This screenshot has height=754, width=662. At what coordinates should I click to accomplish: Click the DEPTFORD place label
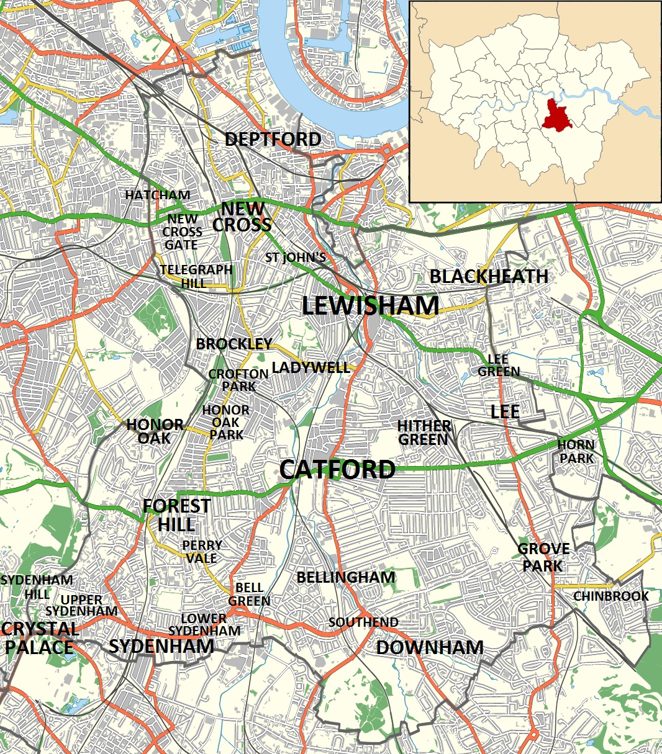[273, 140]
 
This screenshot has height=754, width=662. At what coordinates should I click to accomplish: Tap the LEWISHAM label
[370, 306]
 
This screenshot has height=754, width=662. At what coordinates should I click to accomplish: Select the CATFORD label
[337, 469]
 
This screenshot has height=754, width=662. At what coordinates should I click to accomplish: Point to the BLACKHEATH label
[489, 276]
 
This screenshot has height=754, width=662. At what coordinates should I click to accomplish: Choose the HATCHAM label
[157, 195]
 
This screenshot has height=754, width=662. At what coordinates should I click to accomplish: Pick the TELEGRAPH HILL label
[196, 276]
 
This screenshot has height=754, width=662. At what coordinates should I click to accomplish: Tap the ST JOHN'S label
[296, 257]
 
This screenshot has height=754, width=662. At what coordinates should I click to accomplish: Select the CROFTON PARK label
[238, 380]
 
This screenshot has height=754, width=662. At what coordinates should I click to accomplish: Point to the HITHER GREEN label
[424, 433]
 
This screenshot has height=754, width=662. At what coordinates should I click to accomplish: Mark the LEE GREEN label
[498, 366]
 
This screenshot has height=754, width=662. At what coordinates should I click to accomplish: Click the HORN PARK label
[576, 451]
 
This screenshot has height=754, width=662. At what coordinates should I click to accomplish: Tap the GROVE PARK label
[543, 557]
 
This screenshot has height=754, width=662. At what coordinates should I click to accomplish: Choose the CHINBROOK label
[610, 596]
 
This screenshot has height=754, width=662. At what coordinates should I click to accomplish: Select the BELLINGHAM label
[345, 577]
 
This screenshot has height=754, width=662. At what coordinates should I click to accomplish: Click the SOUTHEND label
[363, 622]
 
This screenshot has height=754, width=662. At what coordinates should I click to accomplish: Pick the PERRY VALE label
[202, 551]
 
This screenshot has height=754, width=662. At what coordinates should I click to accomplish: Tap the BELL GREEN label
[249, 594]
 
